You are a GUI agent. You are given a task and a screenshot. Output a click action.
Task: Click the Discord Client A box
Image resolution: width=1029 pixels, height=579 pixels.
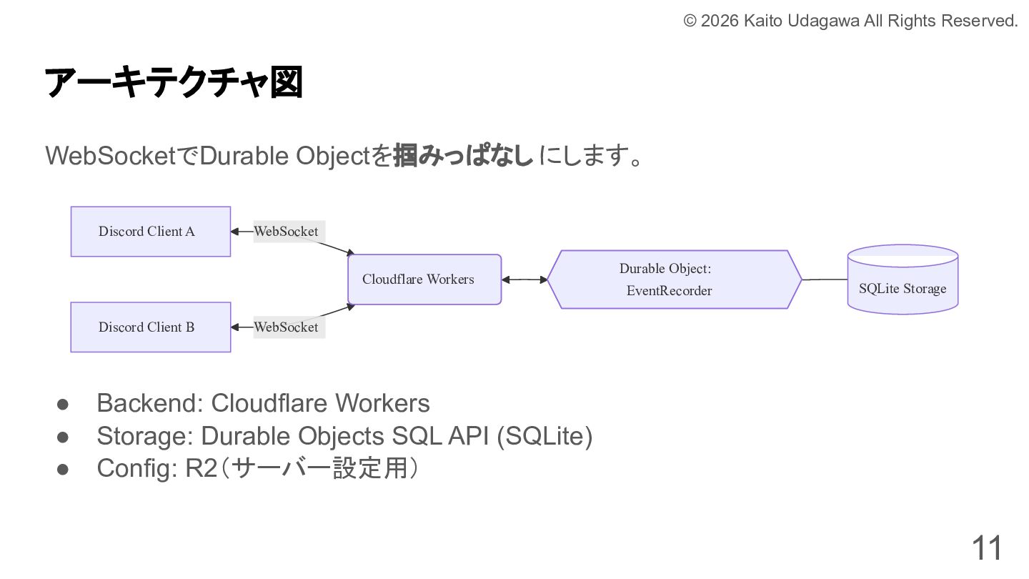(x=150, y=232)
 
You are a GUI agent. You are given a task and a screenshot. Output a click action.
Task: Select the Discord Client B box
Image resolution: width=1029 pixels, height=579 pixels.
(x=150, y=327)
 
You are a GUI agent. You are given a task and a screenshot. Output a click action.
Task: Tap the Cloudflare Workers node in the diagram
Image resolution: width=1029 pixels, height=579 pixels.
(x=424, y=279)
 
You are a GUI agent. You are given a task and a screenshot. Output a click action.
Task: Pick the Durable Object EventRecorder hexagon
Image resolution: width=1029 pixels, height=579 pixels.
(x=674, y=279)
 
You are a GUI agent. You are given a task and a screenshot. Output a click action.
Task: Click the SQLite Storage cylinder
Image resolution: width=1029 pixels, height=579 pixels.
(x=903, y=281)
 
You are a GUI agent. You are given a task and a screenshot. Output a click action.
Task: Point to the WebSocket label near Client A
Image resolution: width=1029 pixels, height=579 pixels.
(x=287, y=232)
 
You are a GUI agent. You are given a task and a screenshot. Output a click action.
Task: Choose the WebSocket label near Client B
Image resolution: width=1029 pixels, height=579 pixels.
(x=287, y=327)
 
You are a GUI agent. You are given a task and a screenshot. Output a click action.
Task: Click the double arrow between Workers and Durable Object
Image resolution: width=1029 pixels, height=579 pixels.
(x=525, y=279)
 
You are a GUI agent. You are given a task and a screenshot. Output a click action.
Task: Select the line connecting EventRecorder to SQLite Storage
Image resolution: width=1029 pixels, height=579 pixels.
(x=825, y=279)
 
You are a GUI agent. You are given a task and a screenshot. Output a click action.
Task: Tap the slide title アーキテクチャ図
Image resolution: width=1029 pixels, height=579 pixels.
(x=174, y=82)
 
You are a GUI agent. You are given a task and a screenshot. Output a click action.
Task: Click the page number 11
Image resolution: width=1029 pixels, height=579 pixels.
(x=986, y=548)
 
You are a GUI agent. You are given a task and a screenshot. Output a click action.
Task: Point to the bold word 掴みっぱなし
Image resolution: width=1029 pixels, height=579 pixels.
(x=463, y=155)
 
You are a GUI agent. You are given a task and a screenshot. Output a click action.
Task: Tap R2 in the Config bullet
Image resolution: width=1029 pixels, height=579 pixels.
(x=200, y=469)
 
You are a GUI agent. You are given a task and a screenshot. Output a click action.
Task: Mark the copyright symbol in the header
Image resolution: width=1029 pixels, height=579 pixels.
(x=690, y=21)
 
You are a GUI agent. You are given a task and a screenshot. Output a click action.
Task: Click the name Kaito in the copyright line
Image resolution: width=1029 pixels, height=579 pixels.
(x=764, y=21)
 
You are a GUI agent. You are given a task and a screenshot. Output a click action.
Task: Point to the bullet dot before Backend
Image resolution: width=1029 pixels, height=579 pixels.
(x=62, y=404)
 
